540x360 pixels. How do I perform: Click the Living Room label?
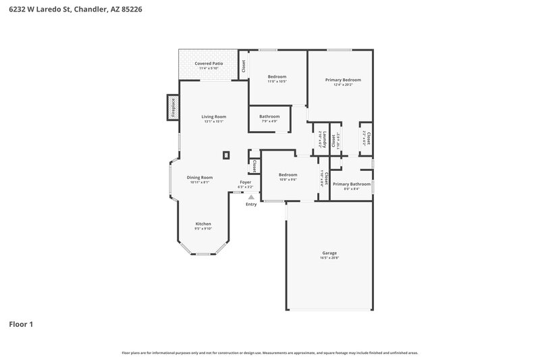pos(213,117)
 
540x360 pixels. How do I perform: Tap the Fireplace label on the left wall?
pos(173,108)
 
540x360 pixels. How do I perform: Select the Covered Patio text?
pos(209,63)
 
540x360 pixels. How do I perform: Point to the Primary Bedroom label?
pos(343,80)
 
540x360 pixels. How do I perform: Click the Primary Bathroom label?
pos(352,184)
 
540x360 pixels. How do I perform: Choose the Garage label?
pos(329,253)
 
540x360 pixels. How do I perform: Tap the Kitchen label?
pos(203,224)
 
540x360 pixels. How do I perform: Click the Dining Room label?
pos(200,177)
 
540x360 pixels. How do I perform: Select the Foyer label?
pos(246,182)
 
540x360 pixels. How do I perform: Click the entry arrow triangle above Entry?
pos(251,197)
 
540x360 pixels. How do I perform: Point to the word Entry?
pos(251,204)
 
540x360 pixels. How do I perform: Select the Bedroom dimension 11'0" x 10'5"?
pos(277,81)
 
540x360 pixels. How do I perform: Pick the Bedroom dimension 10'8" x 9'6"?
pos(288,180)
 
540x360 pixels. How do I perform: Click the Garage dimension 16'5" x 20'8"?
pos(329,258)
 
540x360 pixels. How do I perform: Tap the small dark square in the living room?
pos(227,155)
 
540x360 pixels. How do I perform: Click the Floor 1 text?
pos(21,324)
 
